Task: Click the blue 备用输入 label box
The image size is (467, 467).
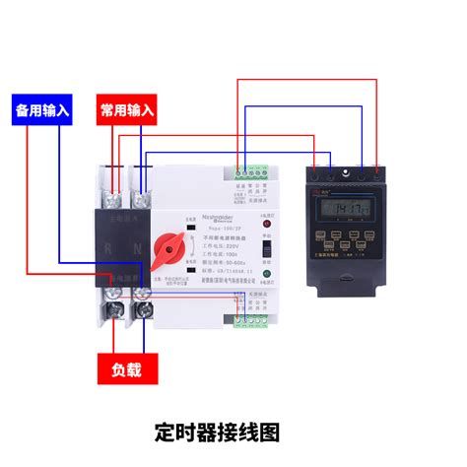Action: click(42, 110)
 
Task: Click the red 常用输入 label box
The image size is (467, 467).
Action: click(127, 110)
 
